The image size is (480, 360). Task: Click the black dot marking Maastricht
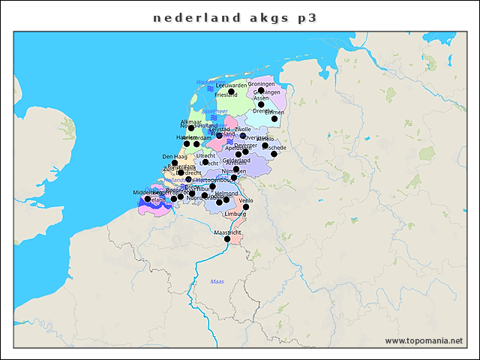click(x=227, y=239)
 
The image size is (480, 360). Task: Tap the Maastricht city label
click(x=227, y=232)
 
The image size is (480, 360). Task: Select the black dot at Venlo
click(x=246, y=207)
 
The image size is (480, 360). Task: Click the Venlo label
click(x=246, y=200)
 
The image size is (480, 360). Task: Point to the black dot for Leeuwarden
click(x=231, y=91)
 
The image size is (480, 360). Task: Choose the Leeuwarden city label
click(x=231, y=85)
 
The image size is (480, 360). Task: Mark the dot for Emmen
click(x=274, y=118)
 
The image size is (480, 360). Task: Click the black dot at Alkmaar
click(x=191, y=128)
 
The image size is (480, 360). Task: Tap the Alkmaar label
click(x=191, y=121)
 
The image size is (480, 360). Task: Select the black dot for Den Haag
click(x=175, y=163)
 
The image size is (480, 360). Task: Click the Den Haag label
click(x=174, y=157)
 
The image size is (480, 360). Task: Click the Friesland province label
click(x=226, y=95)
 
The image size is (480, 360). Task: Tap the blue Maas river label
click(x=217, y=281)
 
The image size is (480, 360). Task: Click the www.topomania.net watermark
click(x=424, y=341)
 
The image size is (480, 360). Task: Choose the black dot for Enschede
click(x=274, y=154)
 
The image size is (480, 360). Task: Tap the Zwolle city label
click(x=243, y=129)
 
